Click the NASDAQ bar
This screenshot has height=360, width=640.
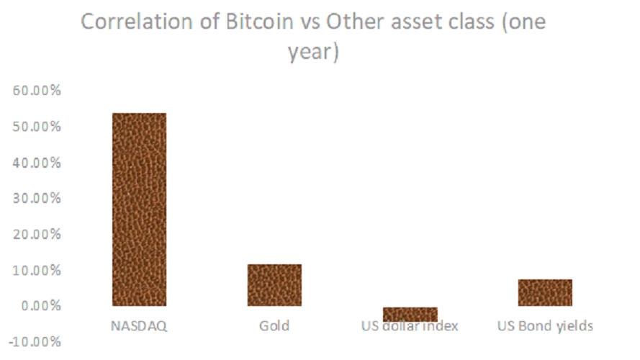[139, 209]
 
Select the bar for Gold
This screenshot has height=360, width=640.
[274, 285]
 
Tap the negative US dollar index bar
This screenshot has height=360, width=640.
[410, 314]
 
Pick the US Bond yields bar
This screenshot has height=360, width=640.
[545, 292]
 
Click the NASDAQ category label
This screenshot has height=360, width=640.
[139, 325]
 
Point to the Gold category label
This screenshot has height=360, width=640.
[274, 325]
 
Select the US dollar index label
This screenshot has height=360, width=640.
[410, 326]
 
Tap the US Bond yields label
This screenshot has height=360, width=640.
[545, 325]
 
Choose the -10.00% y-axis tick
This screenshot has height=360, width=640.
[34, 342]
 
